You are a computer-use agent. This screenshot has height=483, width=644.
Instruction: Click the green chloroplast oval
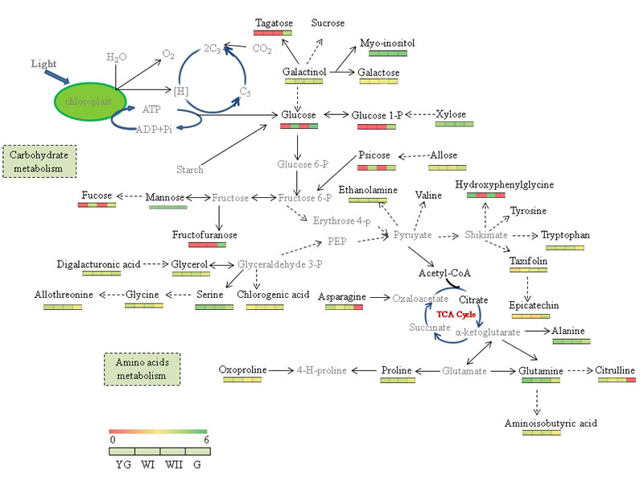(89, 102)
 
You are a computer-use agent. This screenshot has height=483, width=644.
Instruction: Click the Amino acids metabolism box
(142, 369)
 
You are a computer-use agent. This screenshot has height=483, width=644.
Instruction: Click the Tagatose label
(274, 23)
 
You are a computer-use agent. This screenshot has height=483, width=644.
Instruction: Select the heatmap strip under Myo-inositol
(388, 54)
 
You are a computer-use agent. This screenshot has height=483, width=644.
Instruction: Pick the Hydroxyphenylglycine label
(505, 184)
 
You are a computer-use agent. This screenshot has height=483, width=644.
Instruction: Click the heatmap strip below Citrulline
(617, 380)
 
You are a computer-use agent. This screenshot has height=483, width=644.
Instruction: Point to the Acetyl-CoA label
(439, 274)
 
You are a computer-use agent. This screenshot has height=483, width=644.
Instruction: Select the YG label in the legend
(123, 465)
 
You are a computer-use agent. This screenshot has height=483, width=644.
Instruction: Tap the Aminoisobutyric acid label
(551, 423)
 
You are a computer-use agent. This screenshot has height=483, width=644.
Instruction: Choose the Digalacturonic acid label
(100, 264)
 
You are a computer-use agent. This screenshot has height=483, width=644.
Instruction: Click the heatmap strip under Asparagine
(341, 307)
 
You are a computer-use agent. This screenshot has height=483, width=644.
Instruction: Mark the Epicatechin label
(534, 306)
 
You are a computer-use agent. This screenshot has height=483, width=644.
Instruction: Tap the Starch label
(190, 170)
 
